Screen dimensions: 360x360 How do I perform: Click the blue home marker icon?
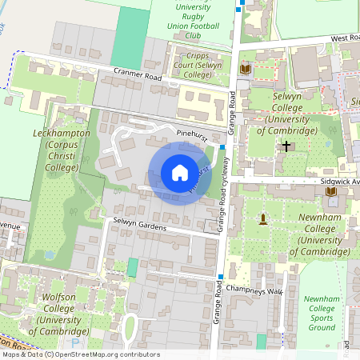(180, 173)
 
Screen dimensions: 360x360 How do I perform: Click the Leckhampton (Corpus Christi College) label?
(61, 150)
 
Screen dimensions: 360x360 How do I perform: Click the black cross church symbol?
(286, 146)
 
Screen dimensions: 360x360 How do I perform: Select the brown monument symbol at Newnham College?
(262, 218)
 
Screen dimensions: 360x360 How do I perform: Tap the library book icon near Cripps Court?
(246, 70)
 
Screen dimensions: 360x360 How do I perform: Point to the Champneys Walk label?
(254, 290)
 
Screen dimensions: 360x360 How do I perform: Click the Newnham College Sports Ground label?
(321, 313)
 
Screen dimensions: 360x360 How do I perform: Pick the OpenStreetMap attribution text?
(80, 354)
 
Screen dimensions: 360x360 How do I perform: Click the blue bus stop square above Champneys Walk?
(221, 277)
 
